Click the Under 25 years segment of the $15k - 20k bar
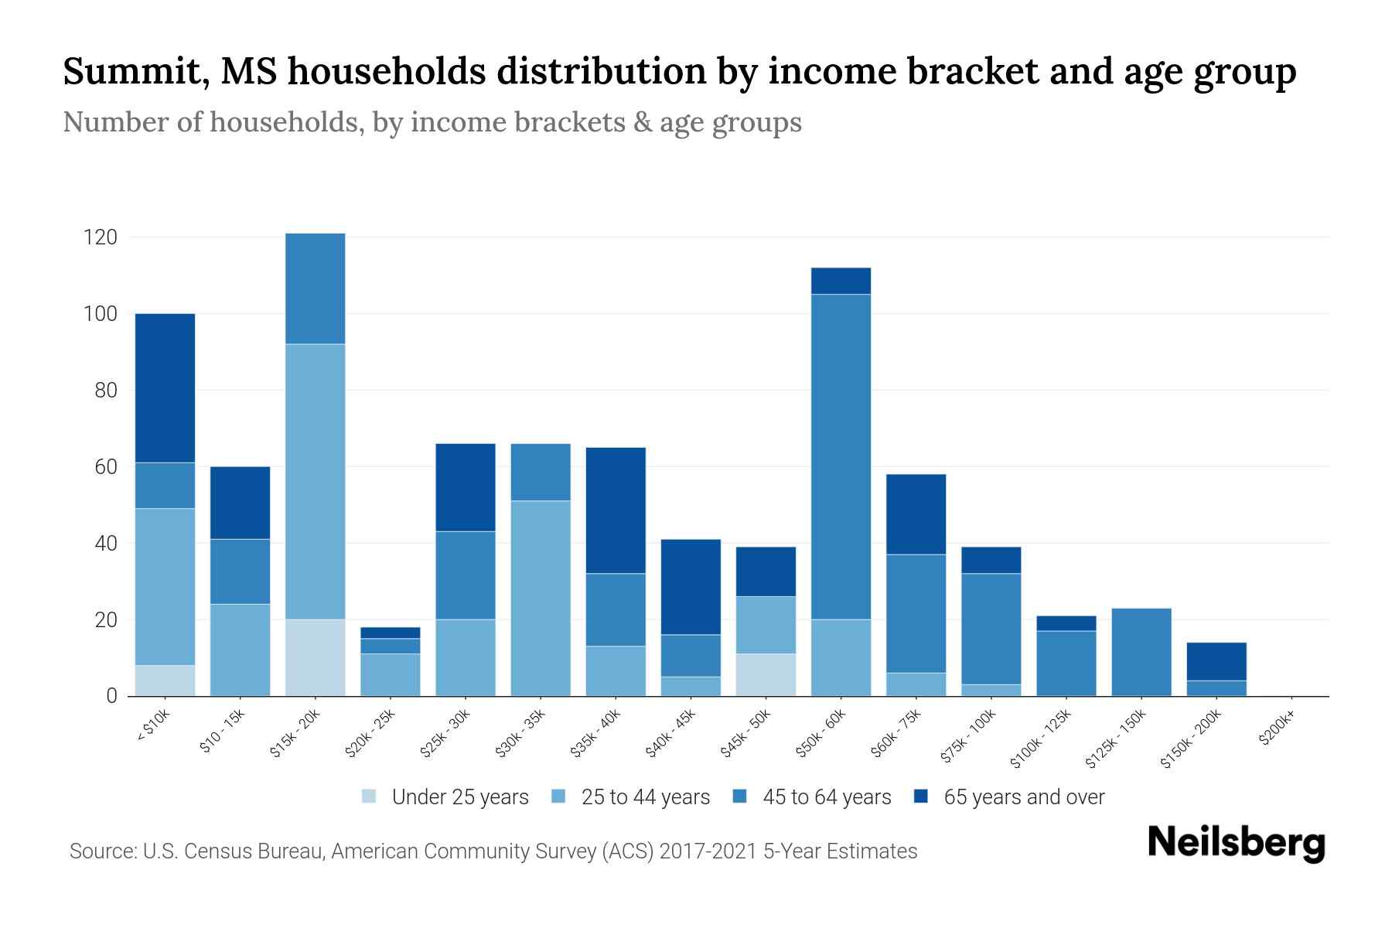(x=315, y=657)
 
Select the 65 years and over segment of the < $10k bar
(x=165, y=387)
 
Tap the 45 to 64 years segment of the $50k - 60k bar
(x=841, y=456)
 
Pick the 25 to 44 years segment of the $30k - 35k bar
(x=541, y=598)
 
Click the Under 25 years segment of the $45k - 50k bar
(x=766, y=674)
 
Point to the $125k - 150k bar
(x=1141, y=652)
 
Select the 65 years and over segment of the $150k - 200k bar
(x=1216, y=661)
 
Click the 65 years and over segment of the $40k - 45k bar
(x=691, y=587)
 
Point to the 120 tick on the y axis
(x=101, y=237)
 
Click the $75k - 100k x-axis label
(x=968, y=739)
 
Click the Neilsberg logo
(x=1236, y=842)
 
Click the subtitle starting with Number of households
(x=432, y=122)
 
